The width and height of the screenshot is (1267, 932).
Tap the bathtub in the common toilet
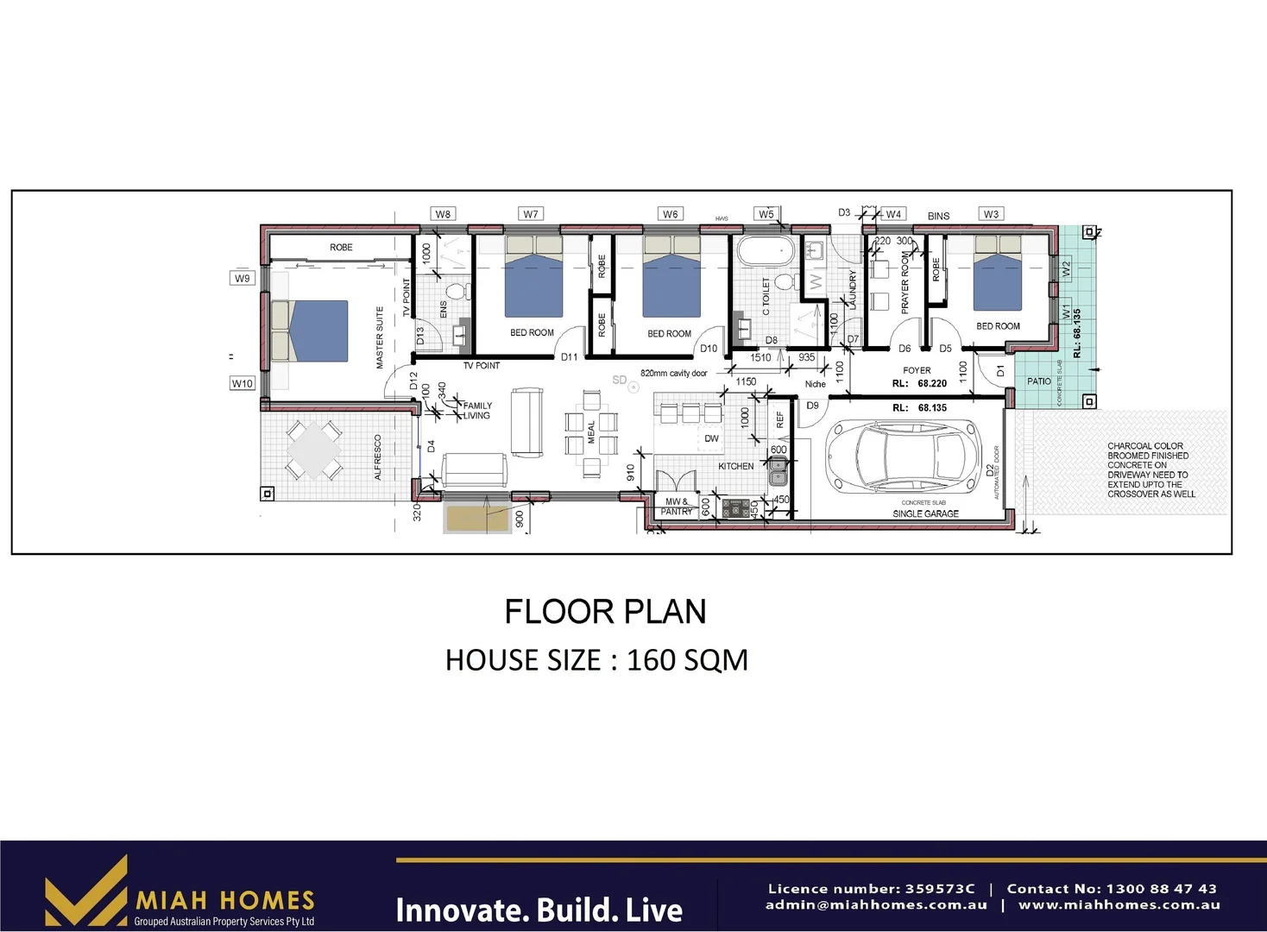point(763,251)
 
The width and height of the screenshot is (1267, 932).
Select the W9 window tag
point(242,278)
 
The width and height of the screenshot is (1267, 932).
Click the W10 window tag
point(243,383)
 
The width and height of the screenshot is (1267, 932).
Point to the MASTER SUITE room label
point(379,337)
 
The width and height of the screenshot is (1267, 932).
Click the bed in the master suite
point(311,331)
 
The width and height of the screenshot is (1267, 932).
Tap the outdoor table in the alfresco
point(314,450)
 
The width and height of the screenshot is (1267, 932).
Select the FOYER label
point(917,370)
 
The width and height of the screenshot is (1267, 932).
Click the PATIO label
point(1039,381)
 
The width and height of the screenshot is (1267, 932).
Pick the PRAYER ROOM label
point(905,283)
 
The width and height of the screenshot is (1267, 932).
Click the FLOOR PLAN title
point(605,612)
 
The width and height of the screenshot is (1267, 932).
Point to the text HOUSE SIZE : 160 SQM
point(596,660)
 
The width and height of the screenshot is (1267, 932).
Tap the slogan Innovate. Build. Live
point(539,910)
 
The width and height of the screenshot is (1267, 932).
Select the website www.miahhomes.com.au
point(1119,905)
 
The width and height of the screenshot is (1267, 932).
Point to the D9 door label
point(812,406)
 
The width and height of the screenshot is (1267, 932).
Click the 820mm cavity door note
point(673,374)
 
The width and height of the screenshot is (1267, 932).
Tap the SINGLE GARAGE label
point(925,513)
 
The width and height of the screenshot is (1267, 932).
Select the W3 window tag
point(991,214)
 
